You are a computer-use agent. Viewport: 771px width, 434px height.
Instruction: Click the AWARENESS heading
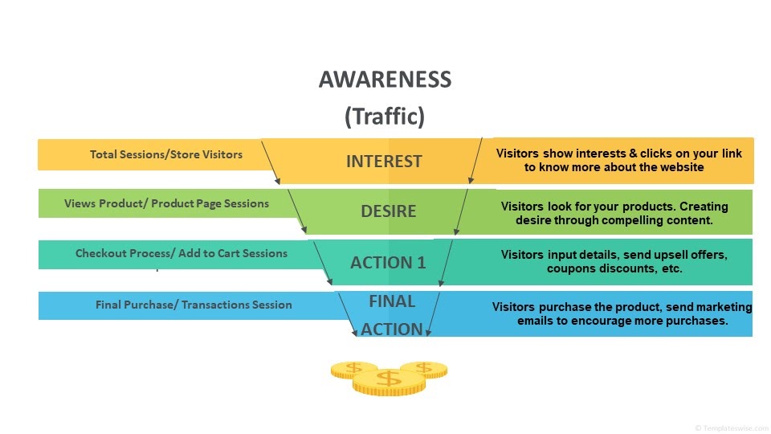pos(385,80)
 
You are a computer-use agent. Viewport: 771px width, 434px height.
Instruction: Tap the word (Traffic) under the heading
pos(385,117)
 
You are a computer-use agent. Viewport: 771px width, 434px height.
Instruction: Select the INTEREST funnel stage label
pos(384,162)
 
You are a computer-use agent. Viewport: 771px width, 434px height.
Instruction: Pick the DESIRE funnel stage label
pos(389,211)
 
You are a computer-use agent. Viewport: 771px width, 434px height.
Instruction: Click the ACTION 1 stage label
pos(388,263)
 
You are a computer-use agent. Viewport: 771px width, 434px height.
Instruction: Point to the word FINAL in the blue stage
pos(392,301)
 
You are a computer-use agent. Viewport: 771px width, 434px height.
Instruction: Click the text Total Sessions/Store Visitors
pos(166,154)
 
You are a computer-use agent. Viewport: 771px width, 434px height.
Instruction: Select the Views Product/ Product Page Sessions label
pos(167,203)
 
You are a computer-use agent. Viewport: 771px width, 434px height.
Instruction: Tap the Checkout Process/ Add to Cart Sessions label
pos(182,253)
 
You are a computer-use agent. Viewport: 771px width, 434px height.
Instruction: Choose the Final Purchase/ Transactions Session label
pos(194,305)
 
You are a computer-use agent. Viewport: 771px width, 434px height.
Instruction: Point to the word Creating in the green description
pos(704,207)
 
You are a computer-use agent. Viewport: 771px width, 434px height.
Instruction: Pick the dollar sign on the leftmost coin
pos(353,367)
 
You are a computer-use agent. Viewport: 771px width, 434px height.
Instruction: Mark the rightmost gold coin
pos(425,369)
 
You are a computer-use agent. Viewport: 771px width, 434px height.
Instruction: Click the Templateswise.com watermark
pos(732,428)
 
